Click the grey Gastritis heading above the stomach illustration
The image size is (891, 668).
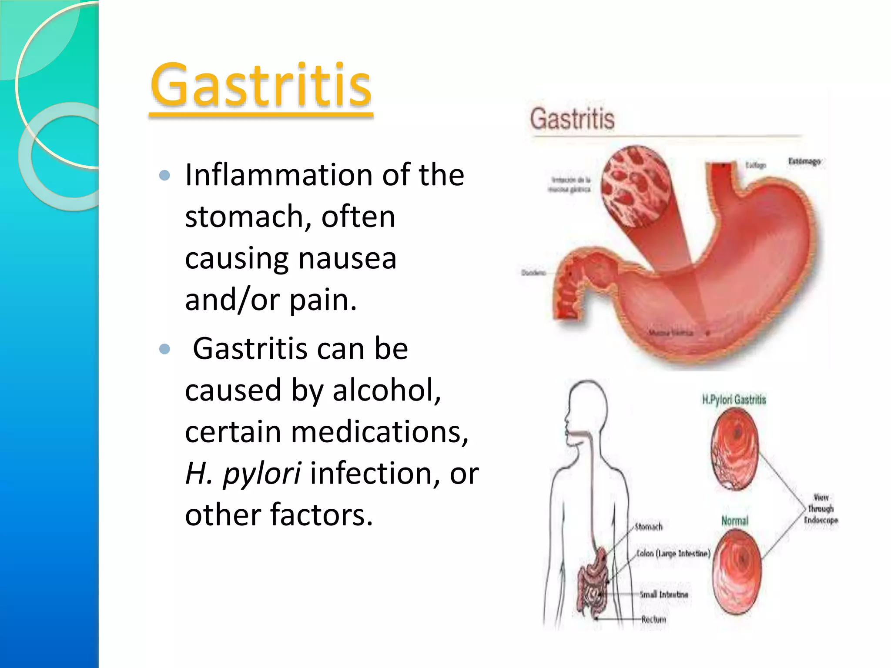click(572, 119)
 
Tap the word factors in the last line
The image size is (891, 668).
click(322, 515)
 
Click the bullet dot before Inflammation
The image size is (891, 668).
click(164, 175)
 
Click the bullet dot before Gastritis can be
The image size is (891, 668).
click(164, 349)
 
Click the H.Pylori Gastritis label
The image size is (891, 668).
click(734, 400)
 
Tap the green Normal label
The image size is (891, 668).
click(735, 521)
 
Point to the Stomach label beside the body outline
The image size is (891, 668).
click(649, 527)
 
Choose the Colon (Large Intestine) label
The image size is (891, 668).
click(673, 553)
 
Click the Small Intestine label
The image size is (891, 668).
click(664, 595)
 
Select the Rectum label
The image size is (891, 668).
click(653, 619)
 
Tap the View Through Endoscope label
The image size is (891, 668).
click(821, 509)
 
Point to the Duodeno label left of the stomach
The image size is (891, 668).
click(533, 273)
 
